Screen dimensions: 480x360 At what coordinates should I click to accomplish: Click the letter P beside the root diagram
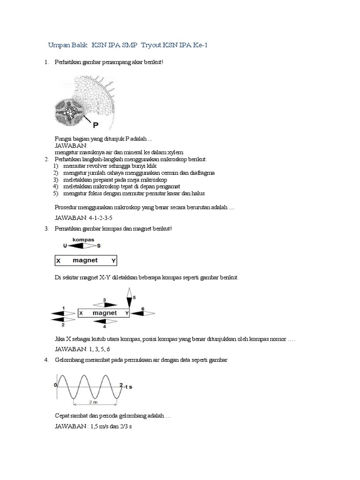(x=96, y=125)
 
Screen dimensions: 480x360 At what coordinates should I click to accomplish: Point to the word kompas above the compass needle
(x=83, y=240)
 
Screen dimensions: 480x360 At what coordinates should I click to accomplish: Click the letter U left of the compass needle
(x=65, y=245)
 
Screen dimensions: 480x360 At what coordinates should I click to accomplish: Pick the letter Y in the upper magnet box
(x=113, y=260)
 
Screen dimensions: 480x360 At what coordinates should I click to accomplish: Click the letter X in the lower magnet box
(x=81, y=313)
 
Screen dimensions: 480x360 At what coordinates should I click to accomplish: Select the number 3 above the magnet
(x=104, y=300)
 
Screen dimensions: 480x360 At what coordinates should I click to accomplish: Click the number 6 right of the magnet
(x=142, y=308)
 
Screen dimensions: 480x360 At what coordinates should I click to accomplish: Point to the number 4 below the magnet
(x=104, y=326)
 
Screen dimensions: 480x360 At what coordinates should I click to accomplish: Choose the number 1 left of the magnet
(x=63, y=308)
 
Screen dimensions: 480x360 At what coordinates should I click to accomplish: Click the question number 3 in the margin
(x=46, y=228)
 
